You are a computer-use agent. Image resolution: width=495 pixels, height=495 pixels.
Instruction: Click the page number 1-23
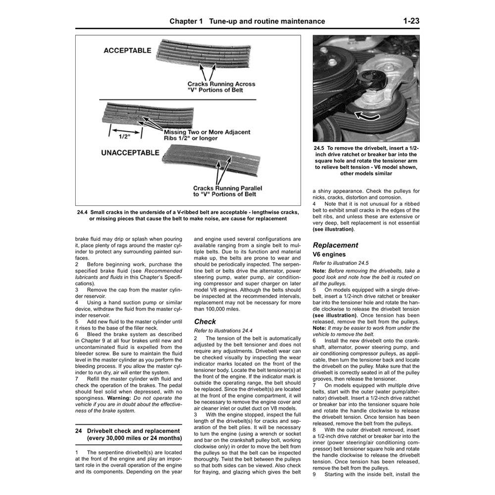coord(411,21)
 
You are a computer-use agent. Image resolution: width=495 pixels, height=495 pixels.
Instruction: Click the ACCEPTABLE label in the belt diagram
coord(127,50)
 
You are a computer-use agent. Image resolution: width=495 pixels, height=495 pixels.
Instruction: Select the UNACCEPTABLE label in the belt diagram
coord(130,153)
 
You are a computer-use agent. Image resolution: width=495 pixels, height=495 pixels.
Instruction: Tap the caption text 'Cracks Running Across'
coord(221,84)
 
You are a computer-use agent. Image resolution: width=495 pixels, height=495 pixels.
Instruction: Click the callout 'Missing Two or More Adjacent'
coord(207,133)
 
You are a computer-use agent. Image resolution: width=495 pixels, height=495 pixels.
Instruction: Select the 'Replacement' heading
coord(335,245)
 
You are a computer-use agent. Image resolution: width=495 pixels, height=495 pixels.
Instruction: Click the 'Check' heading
coord(205,321)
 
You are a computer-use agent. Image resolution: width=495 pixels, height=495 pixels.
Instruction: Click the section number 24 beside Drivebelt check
coord(79,431)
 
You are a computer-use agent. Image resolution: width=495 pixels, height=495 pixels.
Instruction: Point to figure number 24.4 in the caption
coord(83,212)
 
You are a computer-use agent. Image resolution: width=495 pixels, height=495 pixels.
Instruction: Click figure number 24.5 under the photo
coord(319,148)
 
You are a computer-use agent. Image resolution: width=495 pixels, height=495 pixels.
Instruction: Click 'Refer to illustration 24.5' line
coord(341,263)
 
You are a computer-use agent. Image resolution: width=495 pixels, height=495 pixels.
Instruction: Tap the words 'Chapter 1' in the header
coord(186,21)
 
